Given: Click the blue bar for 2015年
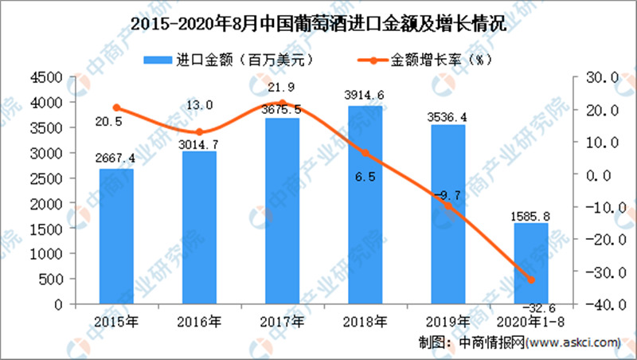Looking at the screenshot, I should click(116, 237).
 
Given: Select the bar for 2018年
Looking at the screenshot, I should click(365, 205).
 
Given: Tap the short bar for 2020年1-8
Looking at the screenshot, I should click(530, 264).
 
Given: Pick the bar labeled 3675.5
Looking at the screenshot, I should click(282, 211).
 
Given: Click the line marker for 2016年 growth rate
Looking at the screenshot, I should click(199, 132).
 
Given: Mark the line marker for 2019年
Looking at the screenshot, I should click(447, 205).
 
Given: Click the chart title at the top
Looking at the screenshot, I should click(318, 23).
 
